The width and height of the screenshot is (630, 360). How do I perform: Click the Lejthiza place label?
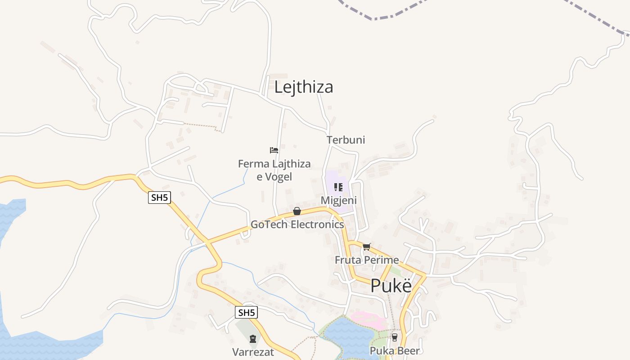click(304, 87)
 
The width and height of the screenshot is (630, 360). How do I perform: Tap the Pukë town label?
click(391, 286)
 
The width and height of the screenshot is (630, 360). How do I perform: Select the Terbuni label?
click(346, 140)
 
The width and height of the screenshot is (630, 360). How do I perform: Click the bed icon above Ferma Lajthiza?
click(274, 150)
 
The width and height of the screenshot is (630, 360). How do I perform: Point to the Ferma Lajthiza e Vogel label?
click(274, 170)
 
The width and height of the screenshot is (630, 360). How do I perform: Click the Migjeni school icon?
click(338, 187)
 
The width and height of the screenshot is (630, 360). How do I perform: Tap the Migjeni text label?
click(338, 200)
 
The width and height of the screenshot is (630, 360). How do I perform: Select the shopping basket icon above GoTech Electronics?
click(297, 211)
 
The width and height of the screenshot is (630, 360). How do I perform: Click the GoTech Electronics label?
click(297, 224)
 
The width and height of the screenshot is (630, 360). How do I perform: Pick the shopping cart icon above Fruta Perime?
click(366, 247)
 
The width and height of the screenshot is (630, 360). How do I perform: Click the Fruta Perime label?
click(367, 260)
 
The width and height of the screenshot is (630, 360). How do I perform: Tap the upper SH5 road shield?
click(160, 198)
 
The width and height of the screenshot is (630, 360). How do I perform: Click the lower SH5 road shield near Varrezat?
click(247, 312)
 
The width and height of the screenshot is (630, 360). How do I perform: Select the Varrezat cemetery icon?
click(252, 339)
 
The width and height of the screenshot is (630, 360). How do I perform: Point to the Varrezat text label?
click(253, 352)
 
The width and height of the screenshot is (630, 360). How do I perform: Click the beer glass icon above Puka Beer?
click(395, 337)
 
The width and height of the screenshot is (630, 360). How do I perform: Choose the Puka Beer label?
click(395, 351)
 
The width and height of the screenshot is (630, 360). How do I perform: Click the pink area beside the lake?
click(369, 319)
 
